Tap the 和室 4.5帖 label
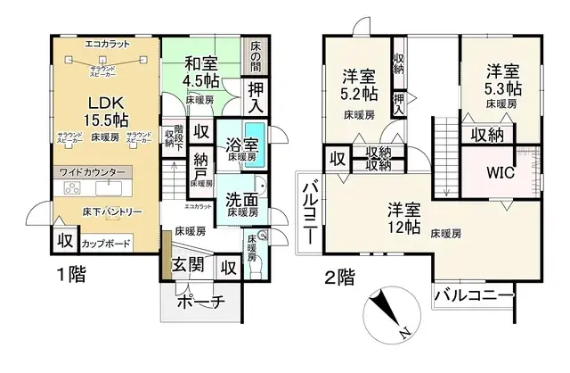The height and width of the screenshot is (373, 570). [202, 71]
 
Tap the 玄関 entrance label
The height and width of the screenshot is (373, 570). [188, 265]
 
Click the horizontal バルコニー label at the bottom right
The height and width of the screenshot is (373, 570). [475, 294]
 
